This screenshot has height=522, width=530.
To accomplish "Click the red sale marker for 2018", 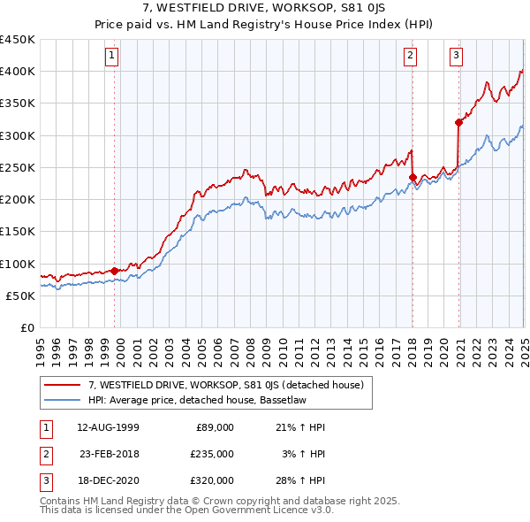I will coord(413,177).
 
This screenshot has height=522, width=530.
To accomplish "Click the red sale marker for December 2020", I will coord(458,122).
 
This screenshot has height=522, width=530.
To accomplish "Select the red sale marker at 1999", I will coord(115,271).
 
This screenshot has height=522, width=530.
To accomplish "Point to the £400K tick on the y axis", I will coord(18,72).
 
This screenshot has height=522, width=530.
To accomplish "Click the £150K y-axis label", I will coord(18,232).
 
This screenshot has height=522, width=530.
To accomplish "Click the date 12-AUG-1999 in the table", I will coord(108,427).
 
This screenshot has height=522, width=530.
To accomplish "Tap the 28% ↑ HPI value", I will coord(300,480).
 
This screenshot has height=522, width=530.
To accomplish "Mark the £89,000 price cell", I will coord(215,427).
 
